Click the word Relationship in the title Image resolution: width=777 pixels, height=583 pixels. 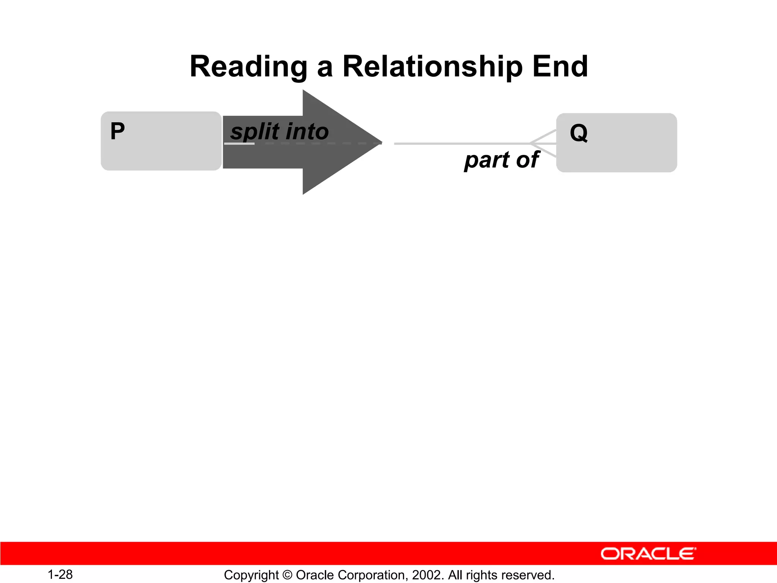point(433,67)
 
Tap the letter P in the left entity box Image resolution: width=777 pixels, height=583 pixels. point(117,131)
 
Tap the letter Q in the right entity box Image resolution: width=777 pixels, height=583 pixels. point(579,133)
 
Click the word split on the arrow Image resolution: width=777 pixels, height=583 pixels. point(255,132)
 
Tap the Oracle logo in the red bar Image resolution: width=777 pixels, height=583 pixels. point(648,554)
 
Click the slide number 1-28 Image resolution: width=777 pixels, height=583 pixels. point(60,574)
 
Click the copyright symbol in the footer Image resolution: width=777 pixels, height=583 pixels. point(287,575)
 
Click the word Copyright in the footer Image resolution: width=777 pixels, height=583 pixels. point(251,575)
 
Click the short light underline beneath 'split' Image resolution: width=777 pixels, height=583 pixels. point(239,144)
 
